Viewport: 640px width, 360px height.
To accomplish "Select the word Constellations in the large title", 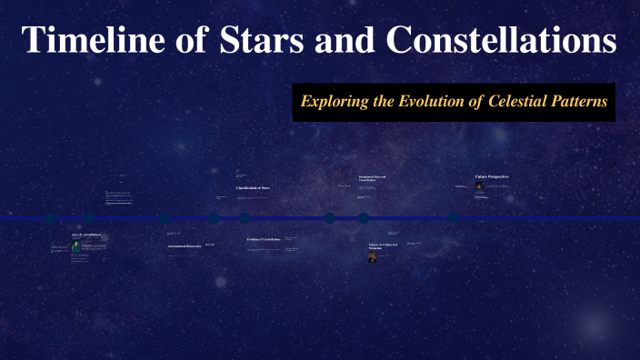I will point(501,42).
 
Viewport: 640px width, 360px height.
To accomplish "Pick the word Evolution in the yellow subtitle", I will point(433,102).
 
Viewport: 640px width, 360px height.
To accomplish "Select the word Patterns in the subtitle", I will point(580,102).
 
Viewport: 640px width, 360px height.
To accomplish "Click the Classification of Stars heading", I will point(253,188).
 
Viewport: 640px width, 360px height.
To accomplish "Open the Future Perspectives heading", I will point(491,176).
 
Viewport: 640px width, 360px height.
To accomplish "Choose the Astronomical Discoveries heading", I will point(184,246).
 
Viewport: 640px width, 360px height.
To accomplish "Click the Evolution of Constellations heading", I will point(264,240).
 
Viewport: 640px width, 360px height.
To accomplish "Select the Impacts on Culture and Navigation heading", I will point(382,246).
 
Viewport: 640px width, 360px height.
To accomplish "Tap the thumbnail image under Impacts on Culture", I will point(373,256).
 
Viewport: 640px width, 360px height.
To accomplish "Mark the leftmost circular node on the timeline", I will point(51,218).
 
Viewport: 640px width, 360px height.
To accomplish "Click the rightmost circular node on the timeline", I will point(453,218).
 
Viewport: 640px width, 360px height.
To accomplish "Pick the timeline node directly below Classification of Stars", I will point(245,218).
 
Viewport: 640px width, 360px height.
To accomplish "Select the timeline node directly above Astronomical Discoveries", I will point(165,218).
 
